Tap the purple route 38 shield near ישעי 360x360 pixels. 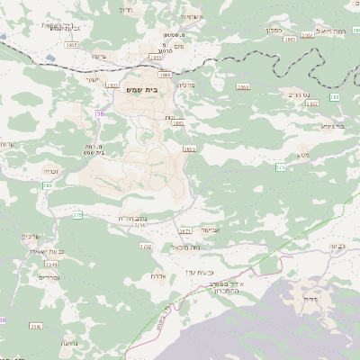pos(100,113)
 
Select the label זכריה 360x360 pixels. pos(50,168)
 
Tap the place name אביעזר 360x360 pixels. pos(211,229)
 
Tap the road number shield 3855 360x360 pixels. pos(189,148)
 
